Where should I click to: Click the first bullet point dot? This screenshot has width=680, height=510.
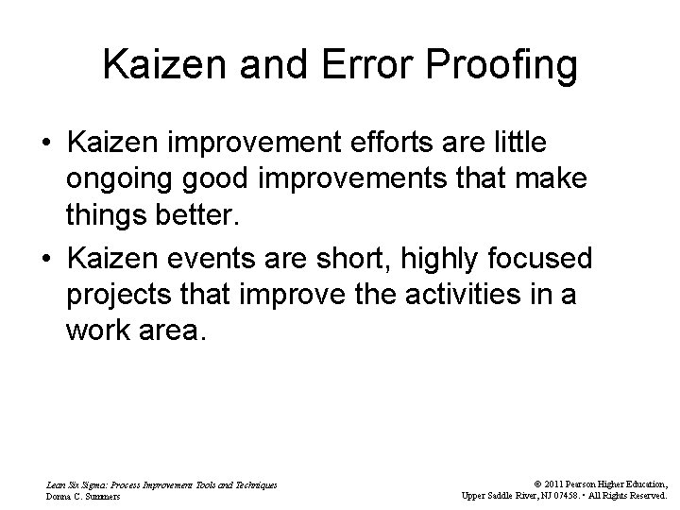coord(45,144)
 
